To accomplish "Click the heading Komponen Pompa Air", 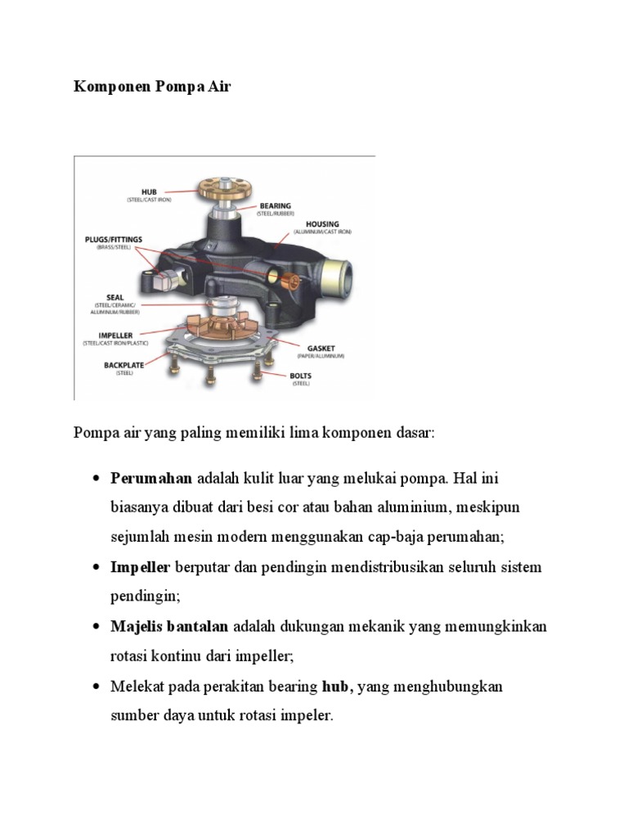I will tap(152, 86).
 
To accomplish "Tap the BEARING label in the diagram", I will tap(275, 206).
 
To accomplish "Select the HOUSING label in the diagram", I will tap(322, 223).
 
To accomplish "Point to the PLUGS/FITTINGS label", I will tap(114, 239).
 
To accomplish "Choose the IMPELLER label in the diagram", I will tap(115, 335).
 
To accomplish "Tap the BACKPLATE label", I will tap(123, 364).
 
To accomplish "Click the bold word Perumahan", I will tap(151, 478).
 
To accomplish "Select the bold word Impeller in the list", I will tap(140, 567).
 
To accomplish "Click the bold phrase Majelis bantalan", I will tap(170, 627).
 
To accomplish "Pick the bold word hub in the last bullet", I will tap(337, 687).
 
